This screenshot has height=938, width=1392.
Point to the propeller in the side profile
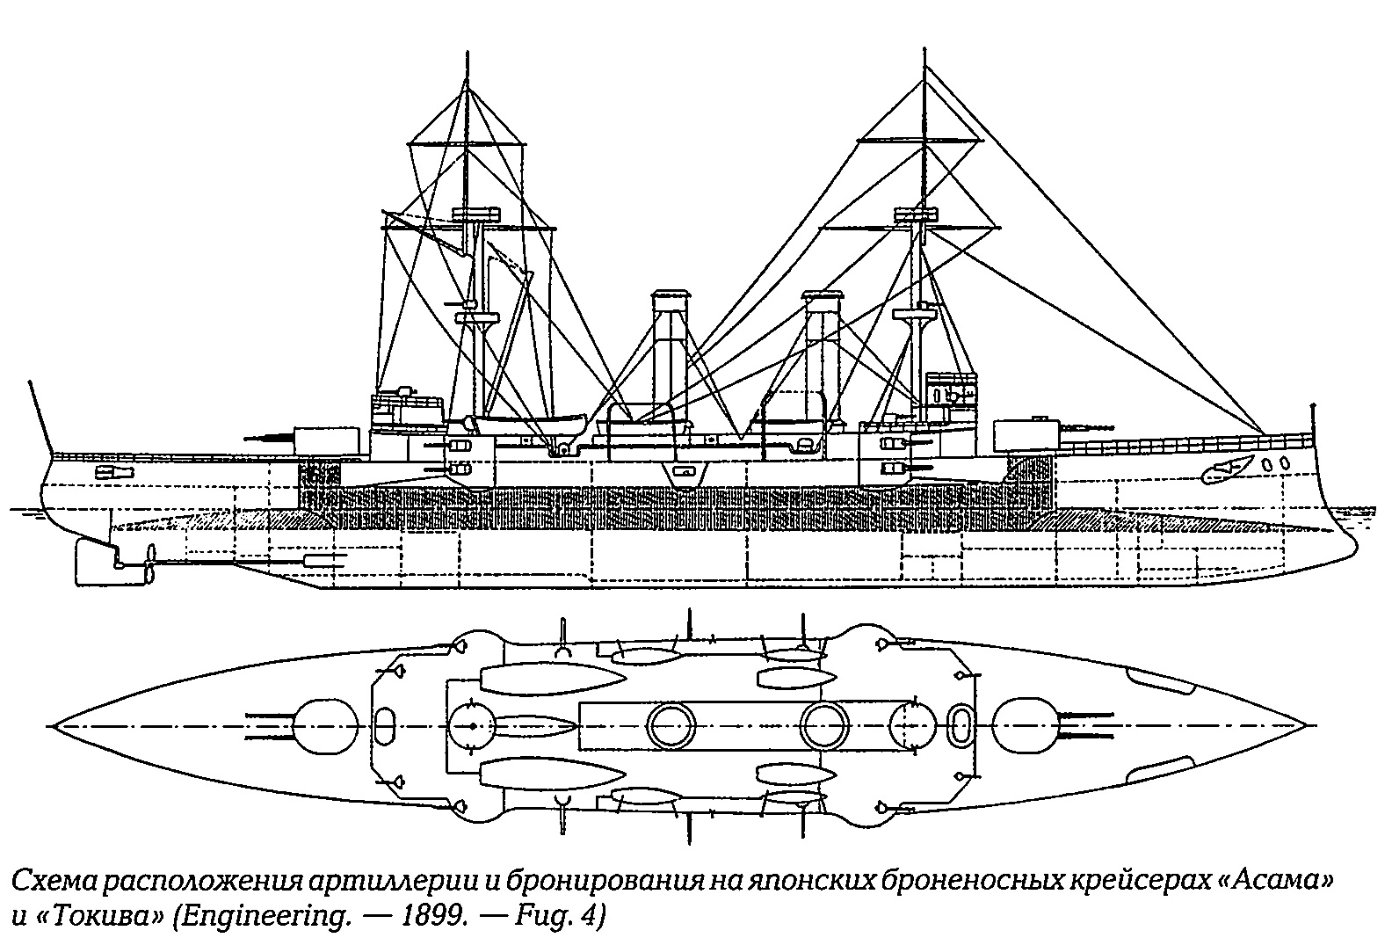point(149,564)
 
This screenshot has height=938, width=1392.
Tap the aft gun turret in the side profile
point(327,440)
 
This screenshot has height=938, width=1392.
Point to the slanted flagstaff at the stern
point(39,417)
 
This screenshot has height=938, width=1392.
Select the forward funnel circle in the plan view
point(824,726)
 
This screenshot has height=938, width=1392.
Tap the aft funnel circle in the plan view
point(671,726)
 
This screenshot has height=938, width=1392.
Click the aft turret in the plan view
point(326,726)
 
